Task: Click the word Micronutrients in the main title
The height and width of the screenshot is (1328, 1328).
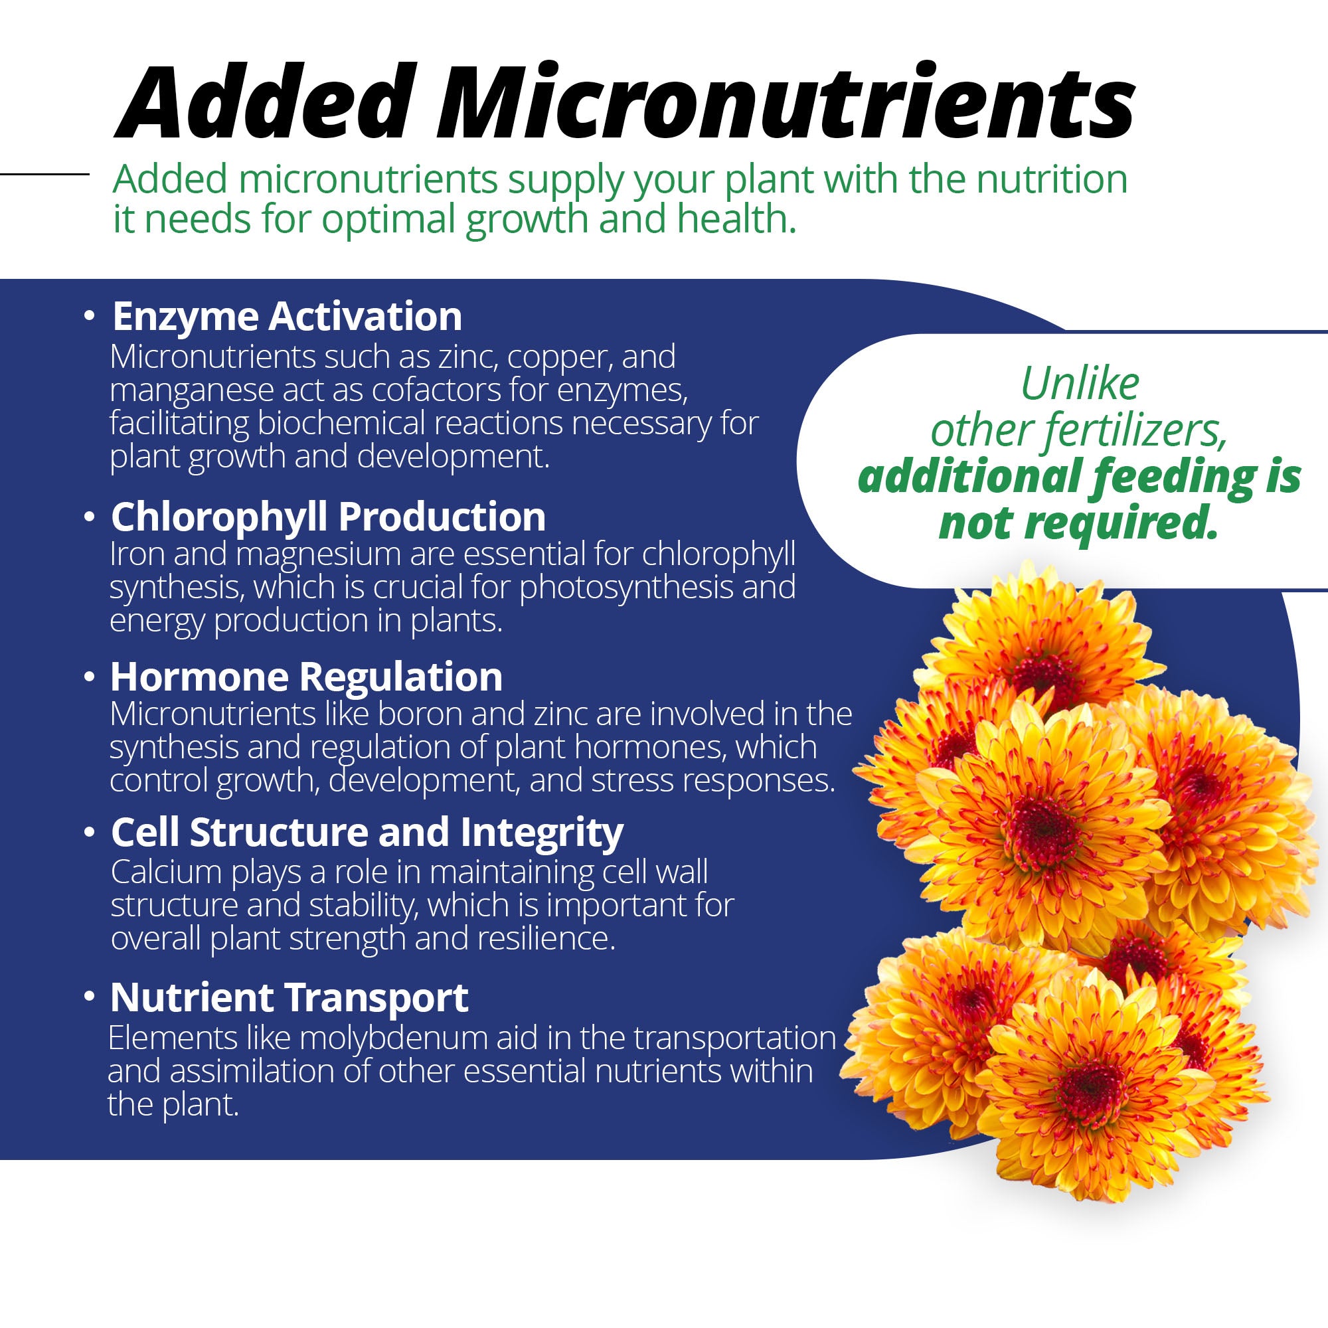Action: (786, 102)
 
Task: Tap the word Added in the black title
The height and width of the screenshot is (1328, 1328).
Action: (268, 102)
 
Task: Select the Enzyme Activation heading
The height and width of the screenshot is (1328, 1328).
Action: (287, 317)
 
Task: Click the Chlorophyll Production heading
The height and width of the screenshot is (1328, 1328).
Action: (328, 516)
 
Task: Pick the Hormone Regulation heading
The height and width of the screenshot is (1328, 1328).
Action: (307, 677)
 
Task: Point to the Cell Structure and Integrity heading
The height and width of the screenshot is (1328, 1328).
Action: (367, 833)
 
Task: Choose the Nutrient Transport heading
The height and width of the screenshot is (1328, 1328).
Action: (290, 997)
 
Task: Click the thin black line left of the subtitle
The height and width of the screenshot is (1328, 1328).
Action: (44, 174)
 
